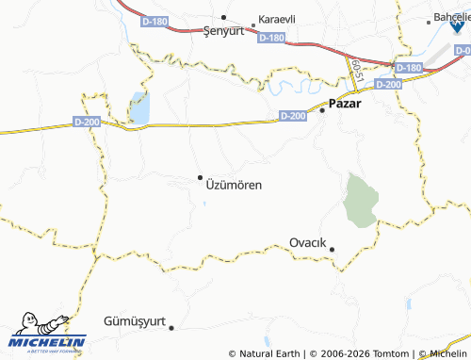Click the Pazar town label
(346, 105)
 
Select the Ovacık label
(308, 242)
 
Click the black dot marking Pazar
(322, 110)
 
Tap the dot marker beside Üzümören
(200, 176)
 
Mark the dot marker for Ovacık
(332, 250)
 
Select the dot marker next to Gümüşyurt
(171, 328)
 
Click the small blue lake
(139, 108)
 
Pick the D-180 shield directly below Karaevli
(269, 38)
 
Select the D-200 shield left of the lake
(86, 122)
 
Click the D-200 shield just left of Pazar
(292, 116)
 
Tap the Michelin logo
(47, 334)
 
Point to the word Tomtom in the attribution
(394, 353)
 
